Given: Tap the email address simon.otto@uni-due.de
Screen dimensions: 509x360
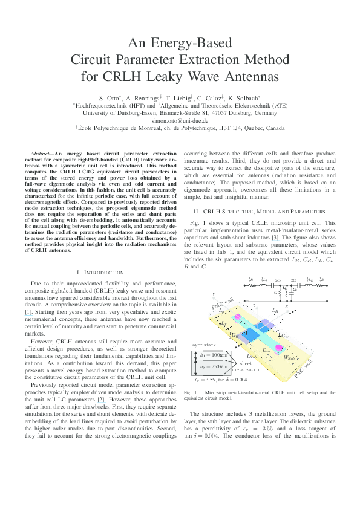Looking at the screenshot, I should (180, 120).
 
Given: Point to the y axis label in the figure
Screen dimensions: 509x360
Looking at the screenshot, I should (214, 293).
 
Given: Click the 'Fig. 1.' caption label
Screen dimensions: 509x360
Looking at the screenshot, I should (190, 392).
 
